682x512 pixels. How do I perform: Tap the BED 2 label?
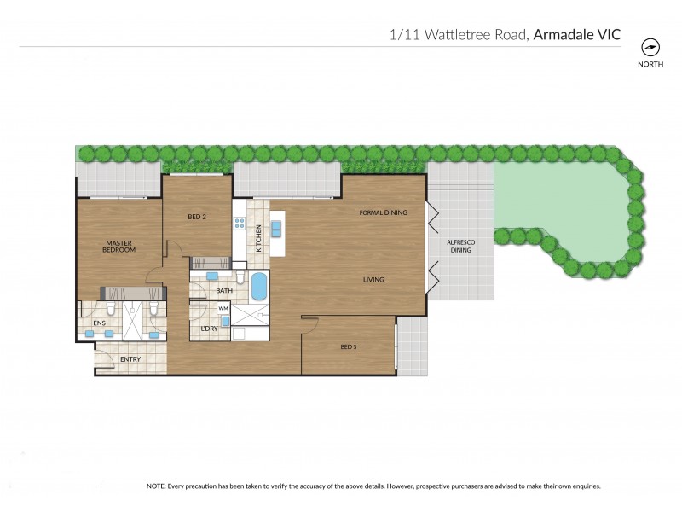pos(197,217)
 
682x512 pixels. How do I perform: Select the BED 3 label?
pos(349,346)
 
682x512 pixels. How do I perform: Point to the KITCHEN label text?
pos(259,236)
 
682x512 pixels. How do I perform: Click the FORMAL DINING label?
pos(383,212)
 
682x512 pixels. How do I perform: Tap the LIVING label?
pos(374,279)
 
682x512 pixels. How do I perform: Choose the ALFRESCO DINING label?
pos(460,246)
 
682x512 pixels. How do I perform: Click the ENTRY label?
pos(130,359)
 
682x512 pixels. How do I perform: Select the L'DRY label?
pos(209,329)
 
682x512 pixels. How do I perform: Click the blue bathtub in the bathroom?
pos(258,287)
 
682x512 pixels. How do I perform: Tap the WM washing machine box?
pos(223,308)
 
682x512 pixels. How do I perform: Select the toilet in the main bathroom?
pos(241,279)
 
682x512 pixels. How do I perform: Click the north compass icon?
pos(650,47)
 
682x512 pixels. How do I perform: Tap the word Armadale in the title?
pos(567,35)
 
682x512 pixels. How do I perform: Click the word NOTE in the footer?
pos(157,486)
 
